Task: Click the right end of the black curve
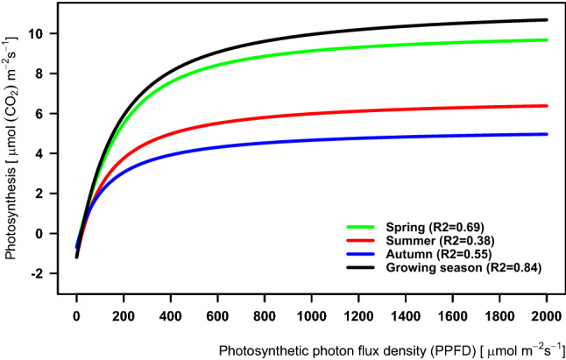[546, 19]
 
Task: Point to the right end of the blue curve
[546, 134]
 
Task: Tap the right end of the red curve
[546, 106]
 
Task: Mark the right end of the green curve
[546, 40]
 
